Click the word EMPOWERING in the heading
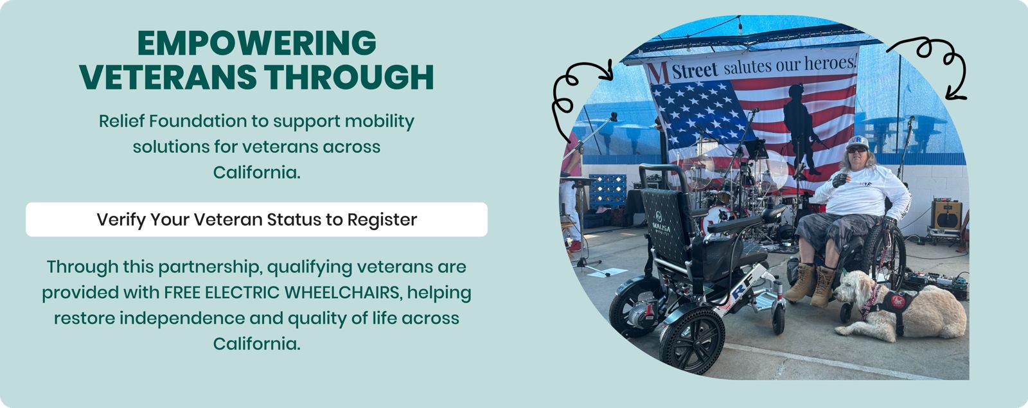tap(256, 43)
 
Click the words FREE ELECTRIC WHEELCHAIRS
tap(282, 292)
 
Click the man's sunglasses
tap(856, 150)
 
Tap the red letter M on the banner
tap(658, 73)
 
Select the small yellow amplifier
tap(946, 214)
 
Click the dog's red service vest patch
tap(897, 301)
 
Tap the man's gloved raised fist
tap(840, 180)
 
